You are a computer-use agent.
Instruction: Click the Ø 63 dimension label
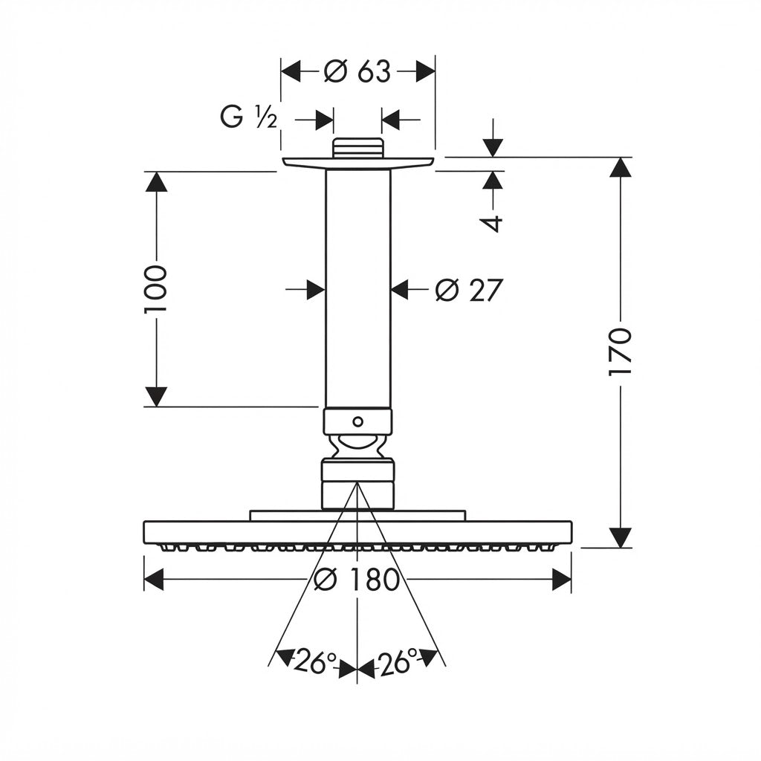click(x=357, y=72)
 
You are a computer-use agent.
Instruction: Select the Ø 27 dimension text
click(x=469, y=291)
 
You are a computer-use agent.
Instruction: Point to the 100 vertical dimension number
click(x=156, y=289)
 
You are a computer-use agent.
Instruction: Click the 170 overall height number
click(x=620, y=352)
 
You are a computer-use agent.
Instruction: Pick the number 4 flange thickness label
click(x=493, y=224)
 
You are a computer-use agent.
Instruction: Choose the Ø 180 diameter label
click(x=357, y=580)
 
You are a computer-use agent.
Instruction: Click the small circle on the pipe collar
click(x=357, y=421)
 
